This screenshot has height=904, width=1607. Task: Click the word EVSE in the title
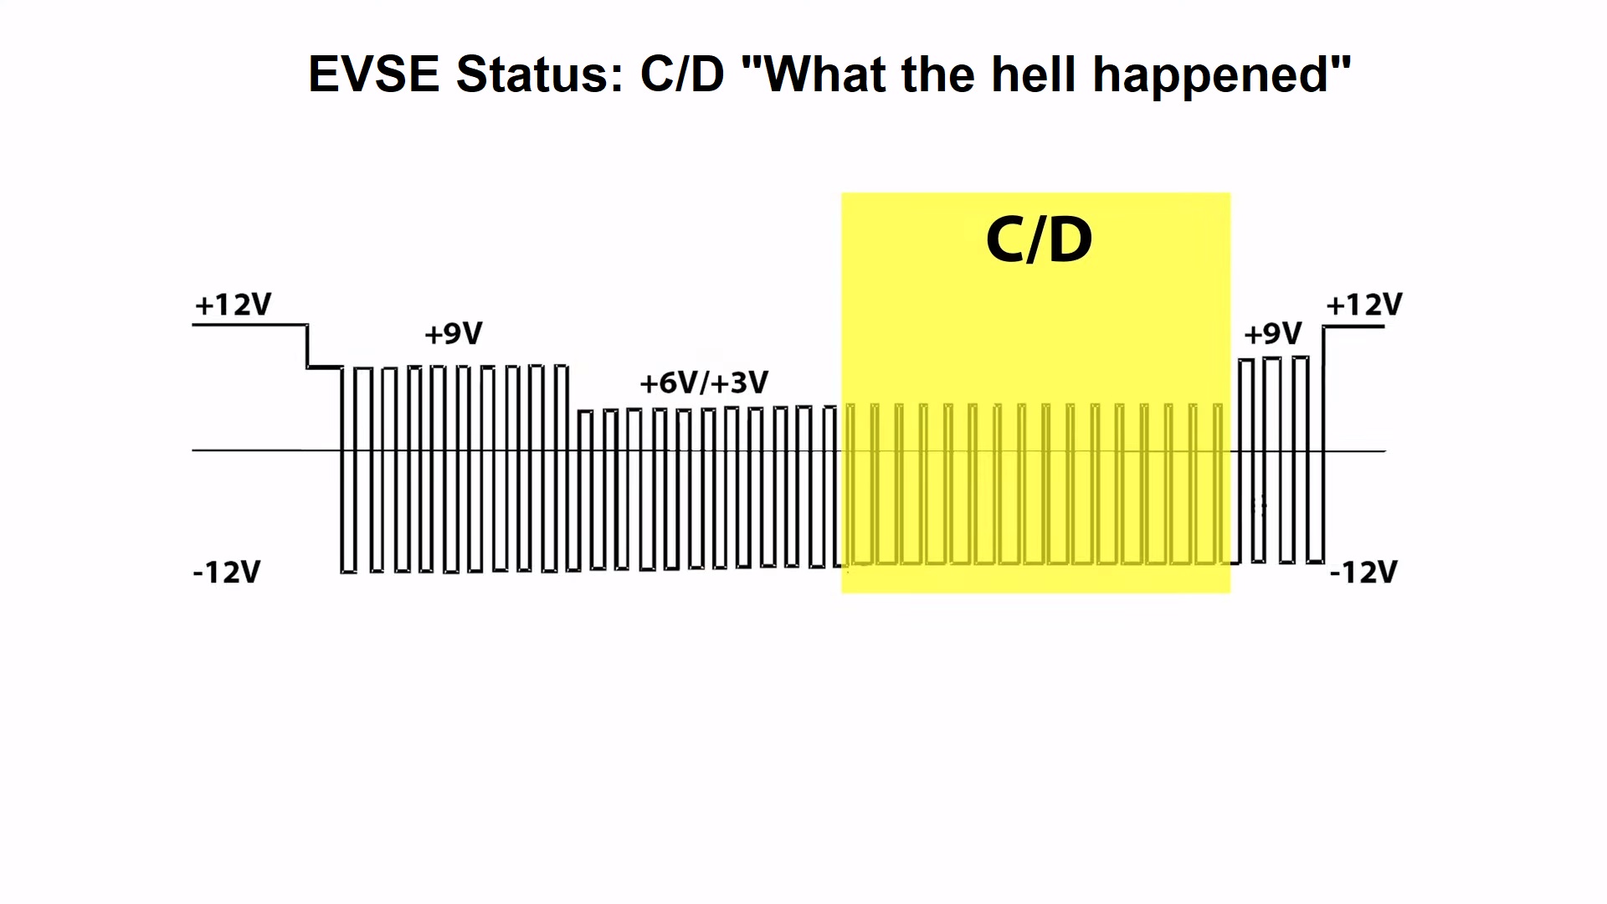[x=373, y=74]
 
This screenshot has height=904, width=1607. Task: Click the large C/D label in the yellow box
[x=1039, y=239]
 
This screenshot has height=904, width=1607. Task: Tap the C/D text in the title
[x=682, y=74]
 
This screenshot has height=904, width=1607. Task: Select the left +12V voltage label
[x=233, y=304]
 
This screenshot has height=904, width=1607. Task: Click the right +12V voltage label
[x=1364, y=304]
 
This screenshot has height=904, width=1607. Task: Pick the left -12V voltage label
[x=227, y=573]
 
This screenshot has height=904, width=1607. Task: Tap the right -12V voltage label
[x=1363, y=573]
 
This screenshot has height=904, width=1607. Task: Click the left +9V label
[x=454, y=333]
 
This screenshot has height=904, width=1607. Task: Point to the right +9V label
[x=1273, y=333]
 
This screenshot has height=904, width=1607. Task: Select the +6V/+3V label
[x=704, y=383]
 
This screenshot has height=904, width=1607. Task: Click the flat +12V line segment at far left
[x=249, y=325]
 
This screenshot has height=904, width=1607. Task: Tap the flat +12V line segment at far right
[x=1353, y=326]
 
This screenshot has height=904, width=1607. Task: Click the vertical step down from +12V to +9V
[x=307, y=346]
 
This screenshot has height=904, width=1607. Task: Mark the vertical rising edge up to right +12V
[x=1323, y=444]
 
